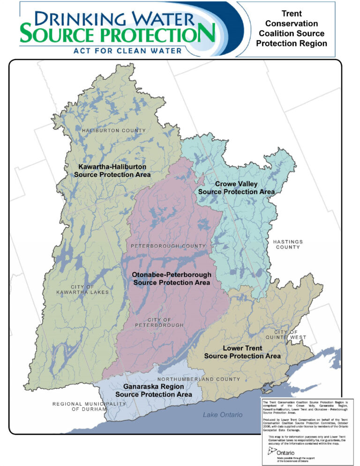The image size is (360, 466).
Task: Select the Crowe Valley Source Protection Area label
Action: [236, 188]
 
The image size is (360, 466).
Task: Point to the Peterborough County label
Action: [168, 246]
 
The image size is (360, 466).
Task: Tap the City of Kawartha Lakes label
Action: [90, 289]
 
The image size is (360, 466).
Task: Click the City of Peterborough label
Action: [159, 322]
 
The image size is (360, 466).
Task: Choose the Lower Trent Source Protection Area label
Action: [242, 352]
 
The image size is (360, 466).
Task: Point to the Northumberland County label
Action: [199, 379]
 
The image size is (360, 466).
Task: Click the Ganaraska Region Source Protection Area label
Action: [154, 391]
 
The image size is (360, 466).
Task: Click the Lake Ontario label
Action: [223, 415]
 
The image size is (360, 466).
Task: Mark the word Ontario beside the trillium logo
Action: [287, 453]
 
